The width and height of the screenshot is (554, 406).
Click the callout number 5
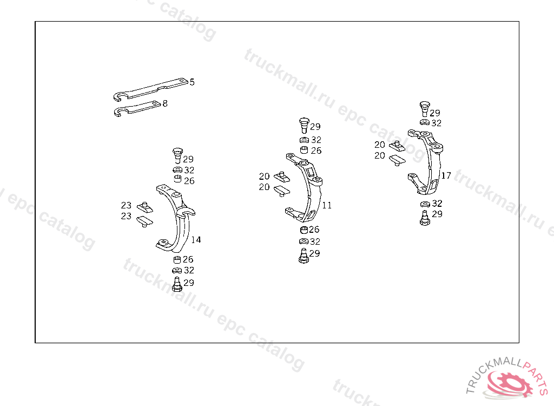tap(192, 82)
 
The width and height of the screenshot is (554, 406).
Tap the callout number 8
tap(165, 103)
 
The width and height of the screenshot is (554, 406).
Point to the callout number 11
tap(327, 205)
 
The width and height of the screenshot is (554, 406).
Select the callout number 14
tap(196, 240)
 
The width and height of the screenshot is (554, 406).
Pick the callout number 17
tap(446, 175)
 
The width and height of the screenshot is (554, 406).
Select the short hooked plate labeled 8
tap(137, 109)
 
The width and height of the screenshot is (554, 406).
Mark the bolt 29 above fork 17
tap(425, 109)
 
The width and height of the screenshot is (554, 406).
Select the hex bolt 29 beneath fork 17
tap(425, 218)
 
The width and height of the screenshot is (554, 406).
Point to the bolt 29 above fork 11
tap(304, 125)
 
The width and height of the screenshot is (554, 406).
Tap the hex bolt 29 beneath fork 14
tap(177, 284)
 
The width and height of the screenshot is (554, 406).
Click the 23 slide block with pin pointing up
tap(145, 207)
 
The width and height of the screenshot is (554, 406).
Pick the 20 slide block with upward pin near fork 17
tap(397, 146)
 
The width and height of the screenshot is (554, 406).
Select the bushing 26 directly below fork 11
tap(304, 230)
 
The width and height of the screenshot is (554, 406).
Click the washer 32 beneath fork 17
tap(425, 204)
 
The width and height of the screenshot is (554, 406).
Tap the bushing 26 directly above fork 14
tap(177, 179)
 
